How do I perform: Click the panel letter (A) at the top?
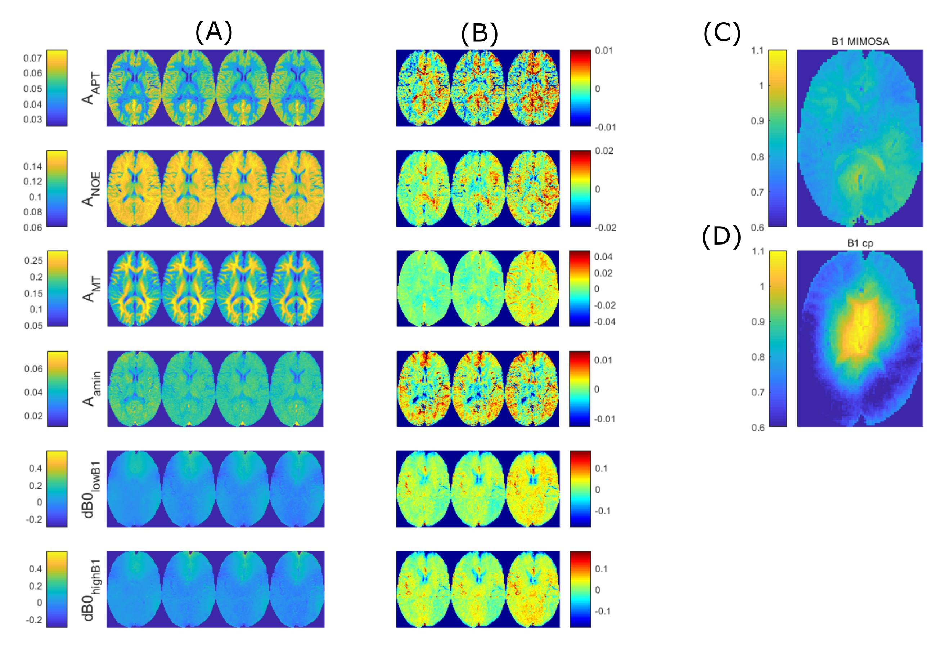[x=214, y=33]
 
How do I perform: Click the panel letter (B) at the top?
[x=479, y=34]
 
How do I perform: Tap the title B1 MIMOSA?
[x=860, y=41]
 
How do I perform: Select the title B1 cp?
[x=860, y=243]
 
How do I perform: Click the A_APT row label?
[x=91, y=88]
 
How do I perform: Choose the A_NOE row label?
[x=91, y=189]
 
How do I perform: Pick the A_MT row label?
[x=91, y=289]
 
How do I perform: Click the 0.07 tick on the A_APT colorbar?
[x=33, y=58]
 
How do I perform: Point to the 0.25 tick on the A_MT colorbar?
[x=33, y=261]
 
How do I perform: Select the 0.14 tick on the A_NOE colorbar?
[x=33, y=166]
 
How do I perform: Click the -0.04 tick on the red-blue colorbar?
[x=604, y=322]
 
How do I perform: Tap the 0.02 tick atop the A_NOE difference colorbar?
[x=604, y=151]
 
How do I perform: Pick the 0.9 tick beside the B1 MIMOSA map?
[x=757, y=121]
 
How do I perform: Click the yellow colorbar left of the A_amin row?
[x=57, y=389]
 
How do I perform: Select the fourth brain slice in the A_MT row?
[x=297, y=289]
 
